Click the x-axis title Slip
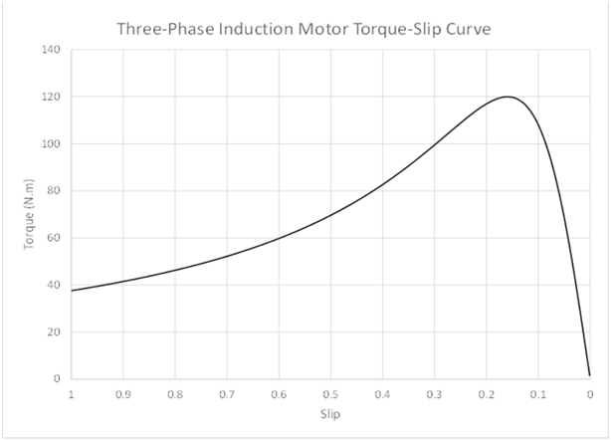tap(330, 412)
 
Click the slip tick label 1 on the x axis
tap(71, 393)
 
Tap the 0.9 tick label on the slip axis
tap(122, 393)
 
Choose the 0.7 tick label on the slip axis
tap(227, 393)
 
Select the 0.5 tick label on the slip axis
tap(330, 393)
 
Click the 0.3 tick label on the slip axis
tap(434, 393)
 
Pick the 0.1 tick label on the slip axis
tap(538, 393)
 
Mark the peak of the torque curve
tap(508, 97)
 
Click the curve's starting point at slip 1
tap(72, 291)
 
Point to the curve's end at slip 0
tap(589, 375)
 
